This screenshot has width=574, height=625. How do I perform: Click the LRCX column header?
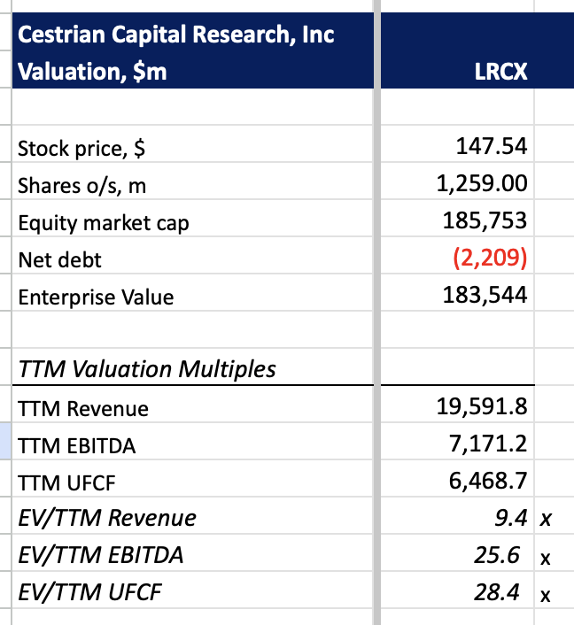click(501, 72)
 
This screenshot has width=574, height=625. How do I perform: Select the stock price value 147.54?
click(492, 147)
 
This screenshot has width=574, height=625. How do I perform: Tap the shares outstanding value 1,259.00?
click(483, 184)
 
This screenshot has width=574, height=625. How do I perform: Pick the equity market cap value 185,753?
click(485, 221)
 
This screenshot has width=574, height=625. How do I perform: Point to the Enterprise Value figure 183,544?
click(485, 296)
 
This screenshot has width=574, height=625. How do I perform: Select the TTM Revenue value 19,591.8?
click(483, 407)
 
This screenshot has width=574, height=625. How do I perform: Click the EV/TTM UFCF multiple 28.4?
click(496, 592)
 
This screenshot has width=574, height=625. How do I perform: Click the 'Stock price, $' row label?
click(82, 149)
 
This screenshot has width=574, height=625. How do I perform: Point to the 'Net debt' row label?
click(60, 259)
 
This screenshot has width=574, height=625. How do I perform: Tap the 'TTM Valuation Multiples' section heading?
click(147, 369)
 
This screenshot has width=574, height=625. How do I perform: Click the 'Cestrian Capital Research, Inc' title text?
click(176, 35)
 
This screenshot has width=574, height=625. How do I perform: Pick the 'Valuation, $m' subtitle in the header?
click(92, 72)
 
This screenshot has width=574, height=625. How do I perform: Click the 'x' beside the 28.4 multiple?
click(546, 595)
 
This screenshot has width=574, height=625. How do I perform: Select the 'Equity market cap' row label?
click(104, 223)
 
